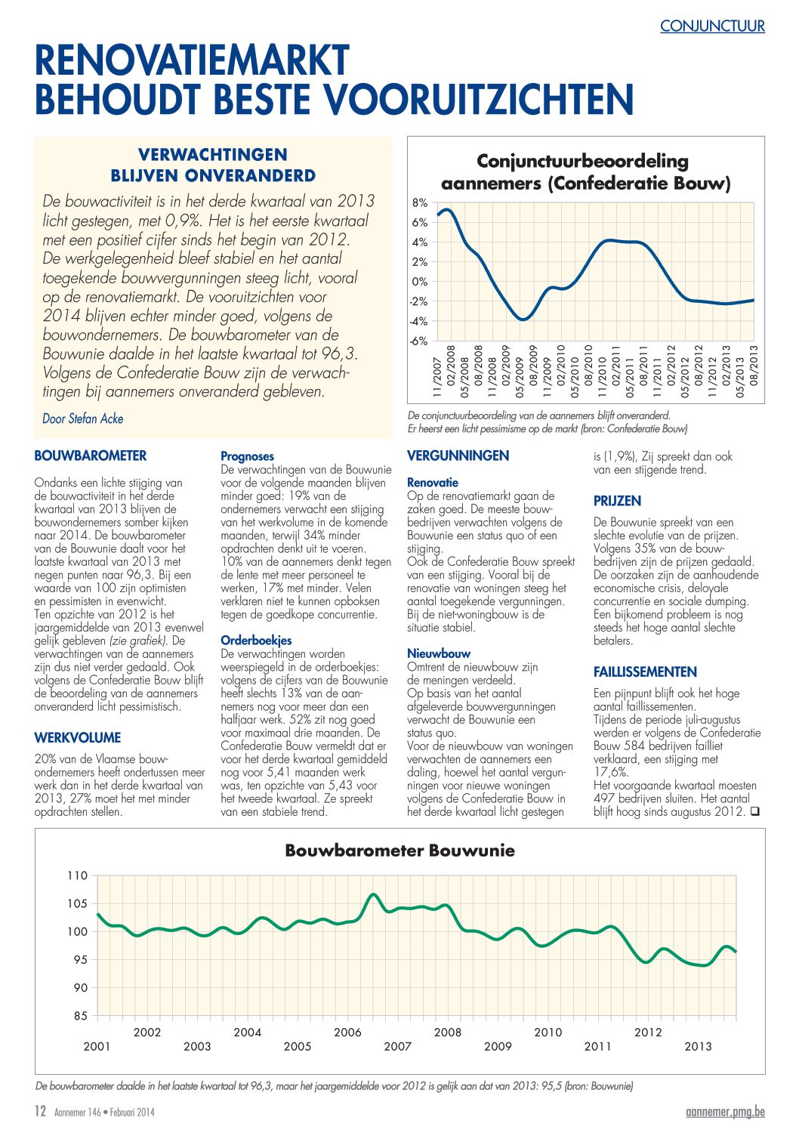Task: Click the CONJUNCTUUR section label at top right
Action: tap(712, 26)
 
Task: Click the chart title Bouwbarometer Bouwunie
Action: tap(399, 850)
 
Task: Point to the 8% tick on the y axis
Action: tap(420, 202)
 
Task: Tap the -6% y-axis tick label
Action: tap(418, 341)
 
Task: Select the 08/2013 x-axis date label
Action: tap(754, 372)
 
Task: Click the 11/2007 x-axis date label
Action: tap(437, 378)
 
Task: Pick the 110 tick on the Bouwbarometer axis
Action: tap(77, 875)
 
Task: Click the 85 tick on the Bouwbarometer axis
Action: tap(81, 1015)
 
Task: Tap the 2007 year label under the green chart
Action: tap(397, 1046)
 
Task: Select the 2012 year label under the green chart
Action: tap(648, 1032)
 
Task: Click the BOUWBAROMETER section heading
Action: tap(91, 455)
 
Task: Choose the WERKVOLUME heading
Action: tap(78, 737)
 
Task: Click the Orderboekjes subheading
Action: tap(256, 641)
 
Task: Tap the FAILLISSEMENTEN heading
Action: tap(645, 672)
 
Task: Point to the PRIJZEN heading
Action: tap(618, 501)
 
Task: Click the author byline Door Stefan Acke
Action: tap(83, 418)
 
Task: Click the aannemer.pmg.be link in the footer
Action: tap(725, 1111)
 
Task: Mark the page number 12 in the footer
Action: tap(40, 1111)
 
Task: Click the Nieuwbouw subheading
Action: tap(439, 653)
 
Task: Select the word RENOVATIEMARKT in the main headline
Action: tap(192, 60)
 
